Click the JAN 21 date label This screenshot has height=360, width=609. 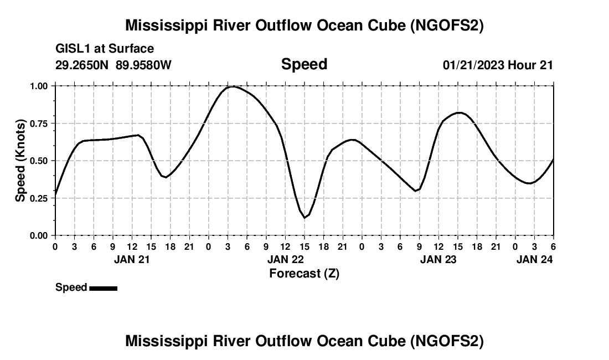click(x=132, y=259)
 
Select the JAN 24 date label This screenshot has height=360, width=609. click(x=535, y=259)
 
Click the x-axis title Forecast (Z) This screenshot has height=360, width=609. click(x=304, y=273)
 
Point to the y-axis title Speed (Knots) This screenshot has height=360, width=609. click(x=20, y=160)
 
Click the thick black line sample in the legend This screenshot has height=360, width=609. click(x=103, y=288)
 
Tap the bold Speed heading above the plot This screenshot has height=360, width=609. click(x=304, y=64)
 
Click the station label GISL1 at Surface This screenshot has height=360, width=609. click(x=105, y=49)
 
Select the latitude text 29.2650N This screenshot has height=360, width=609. click(x=82, y=65)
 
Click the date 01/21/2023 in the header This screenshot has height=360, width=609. click(x=473, y=65)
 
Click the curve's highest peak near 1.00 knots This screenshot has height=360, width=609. click(x=233, y=86)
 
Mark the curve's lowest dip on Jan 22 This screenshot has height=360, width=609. click(x=304, y=218)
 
